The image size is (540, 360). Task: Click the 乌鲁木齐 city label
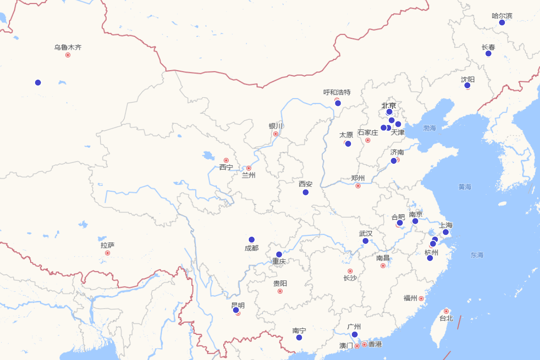(68, 47)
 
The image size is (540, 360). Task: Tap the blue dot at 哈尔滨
(502, 22)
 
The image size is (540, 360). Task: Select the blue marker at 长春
(488, 54)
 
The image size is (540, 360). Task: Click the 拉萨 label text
(108, 245)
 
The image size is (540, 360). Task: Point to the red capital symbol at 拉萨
(108, 253)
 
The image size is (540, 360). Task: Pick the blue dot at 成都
(252, 239)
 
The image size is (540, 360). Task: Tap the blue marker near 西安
(306, 192)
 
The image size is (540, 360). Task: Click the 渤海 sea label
(430, 128)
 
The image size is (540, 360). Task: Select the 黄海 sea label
(465, 187)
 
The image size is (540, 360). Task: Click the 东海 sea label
(477, 255)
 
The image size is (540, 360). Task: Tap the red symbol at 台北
(446, 311)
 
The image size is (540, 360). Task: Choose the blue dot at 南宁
(299, 337)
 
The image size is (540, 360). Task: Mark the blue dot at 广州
(355, 334)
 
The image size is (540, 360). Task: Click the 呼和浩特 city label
(337, 92)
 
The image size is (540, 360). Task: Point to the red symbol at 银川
(275, 134)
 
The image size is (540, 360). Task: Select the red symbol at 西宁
(226, 160)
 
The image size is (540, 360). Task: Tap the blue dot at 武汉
(365, 241)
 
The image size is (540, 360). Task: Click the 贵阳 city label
(280, 283)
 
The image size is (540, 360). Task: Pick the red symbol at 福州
(421, 298)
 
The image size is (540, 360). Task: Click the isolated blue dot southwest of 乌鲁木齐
(38, 82)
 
